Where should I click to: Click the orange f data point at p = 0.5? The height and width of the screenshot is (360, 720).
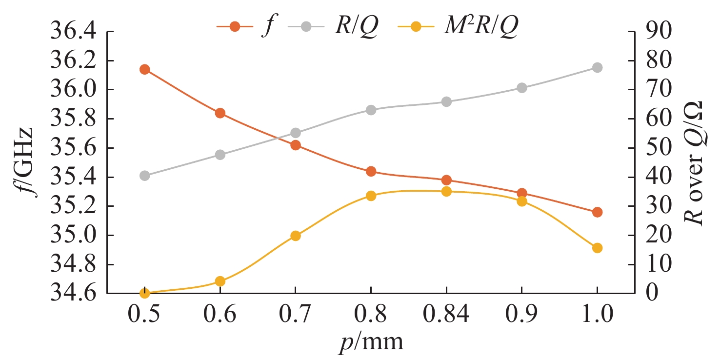pos(144,69)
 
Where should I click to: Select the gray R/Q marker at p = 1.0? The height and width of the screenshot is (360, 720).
pos(597,67)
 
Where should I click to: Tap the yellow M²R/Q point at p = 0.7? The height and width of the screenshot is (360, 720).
pos(295,236)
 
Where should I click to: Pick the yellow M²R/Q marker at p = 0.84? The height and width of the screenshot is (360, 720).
pos(446,191)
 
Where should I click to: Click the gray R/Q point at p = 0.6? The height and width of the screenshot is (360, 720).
pos(220,155)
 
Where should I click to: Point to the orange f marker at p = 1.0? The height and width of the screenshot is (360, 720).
pos(597,212)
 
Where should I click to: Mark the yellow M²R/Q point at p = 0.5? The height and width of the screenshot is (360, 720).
pos(144,293)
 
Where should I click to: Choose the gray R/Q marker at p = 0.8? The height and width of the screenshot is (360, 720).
pos(371,110)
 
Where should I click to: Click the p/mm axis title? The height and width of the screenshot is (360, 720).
pos(371,343)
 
